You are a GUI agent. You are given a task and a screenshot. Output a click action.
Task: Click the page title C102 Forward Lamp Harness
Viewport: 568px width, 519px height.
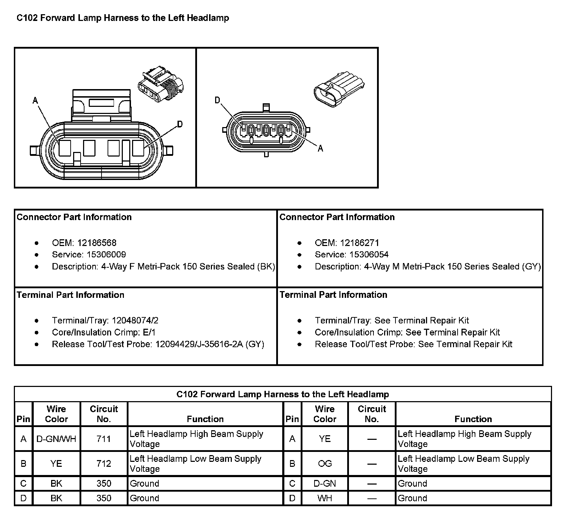[123, 18]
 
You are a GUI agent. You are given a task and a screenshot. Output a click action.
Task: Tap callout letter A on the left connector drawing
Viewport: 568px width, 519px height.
[35, 101]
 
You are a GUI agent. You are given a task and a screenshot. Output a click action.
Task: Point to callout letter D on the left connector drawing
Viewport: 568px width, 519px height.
[180, 124]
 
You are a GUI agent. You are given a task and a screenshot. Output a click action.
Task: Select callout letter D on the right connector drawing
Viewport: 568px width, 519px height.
[217, 101]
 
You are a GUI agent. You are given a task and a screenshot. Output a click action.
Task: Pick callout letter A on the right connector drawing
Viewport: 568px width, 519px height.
[320, 149]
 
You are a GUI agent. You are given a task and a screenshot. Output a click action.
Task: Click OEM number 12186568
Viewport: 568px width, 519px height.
[97, 243]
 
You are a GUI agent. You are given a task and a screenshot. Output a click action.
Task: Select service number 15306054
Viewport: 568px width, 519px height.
[369, 255]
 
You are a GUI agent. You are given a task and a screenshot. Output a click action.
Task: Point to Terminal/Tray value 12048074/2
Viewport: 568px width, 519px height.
[135, 321]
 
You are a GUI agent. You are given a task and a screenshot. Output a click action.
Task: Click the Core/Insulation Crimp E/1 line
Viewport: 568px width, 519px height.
[104, 332]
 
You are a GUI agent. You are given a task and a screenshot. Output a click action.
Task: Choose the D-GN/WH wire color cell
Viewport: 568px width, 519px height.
[56, 439]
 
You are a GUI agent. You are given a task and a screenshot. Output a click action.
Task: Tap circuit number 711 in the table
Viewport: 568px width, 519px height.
[104, 439]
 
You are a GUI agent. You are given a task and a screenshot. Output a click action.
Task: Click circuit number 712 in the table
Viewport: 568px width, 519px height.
[104, 464]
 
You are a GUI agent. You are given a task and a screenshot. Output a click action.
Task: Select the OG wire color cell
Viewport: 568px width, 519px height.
[325, 464]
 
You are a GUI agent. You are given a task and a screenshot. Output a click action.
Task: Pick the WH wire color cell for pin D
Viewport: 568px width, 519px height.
[325, 498]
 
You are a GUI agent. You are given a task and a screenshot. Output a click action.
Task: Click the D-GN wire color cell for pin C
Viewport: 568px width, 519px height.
[325, 484]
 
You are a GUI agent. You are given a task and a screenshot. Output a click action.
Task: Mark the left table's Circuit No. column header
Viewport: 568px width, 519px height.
[104, 414]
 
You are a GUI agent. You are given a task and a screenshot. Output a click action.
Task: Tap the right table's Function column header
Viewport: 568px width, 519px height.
[473, 419]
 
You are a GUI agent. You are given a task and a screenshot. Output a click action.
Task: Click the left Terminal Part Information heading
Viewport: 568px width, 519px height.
[71, 295]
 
